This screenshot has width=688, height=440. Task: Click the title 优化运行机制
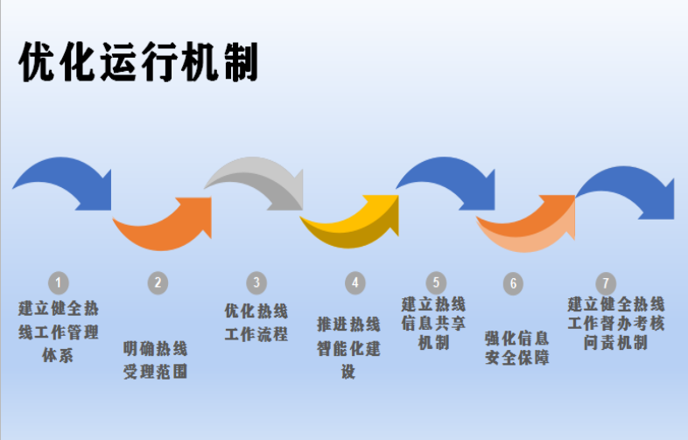[x=138, y=62]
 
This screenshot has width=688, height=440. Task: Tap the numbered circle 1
[x=58, y=283]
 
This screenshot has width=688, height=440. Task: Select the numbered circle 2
[x=157, y=283]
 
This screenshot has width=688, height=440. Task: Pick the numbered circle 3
[x=256, y=283]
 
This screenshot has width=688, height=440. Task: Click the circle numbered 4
[x=354, y=283]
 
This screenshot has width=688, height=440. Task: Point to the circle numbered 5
[x=436, y=283]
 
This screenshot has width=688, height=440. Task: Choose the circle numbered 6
[x=514, y=283]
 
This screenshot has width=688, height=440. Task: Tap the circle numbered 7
[x=605, y=283]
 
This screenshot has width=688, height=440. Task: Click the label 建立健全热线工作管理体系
[x=58, y=332]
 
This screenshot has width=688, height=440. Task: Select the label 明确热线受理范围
[x=156, y=360]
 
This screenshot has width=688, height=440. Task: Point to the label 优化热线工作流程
[x=256, y=322]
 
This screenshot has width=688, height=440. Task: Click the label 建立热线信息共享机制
[x=434, y=323]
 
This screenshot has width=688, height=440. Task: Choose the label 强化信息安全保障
[x=516, y=347]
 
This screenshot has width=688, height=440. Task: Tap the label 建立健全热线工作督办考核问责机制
[x=616, y=323]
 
